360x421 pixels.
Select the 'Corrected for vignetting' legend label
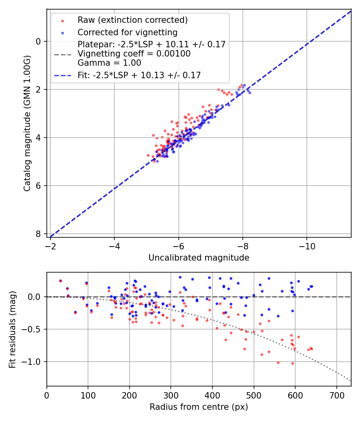[x=128, y=32]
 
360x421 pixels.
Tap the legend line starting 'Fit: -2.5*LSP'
[x=139, y=75]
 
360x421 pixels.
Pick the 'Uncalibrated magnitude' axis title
[x=199, y=258]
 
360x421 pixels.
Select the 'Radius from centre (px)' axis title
[x=199, y=407]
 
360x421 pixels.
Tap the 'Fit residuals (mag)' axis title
[x=13, y=330]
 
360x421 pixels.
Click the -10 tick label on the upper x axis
[x=307, y=245]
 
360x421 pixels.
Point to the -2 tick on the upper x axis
[x=50, y=245]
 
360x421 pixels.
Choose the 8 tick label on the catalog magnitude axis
[x=38, y=234]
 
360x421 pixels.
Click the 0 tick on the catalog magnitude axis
[x=38, y=41]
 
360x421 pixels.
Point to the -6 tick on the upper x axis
[x=178, y=245]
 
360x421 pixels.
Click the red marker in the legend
[x=62, y=20]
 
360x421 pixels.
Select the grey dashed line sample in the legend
[x=62, y=53]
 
